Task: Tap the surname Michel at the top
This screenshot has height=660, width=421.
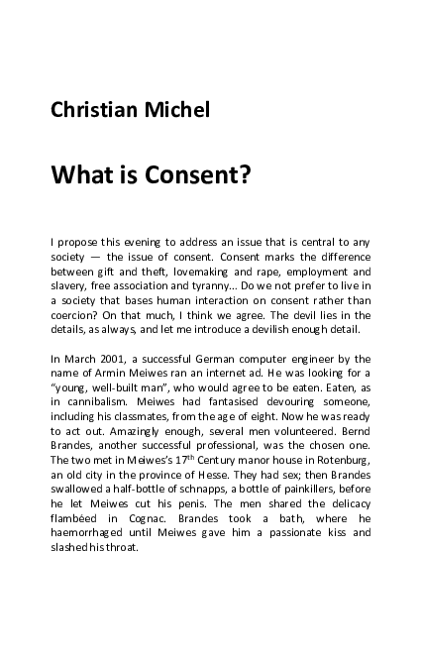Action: (176, 109)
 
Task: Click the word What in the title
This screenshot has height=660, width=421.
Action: (85, 175)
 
